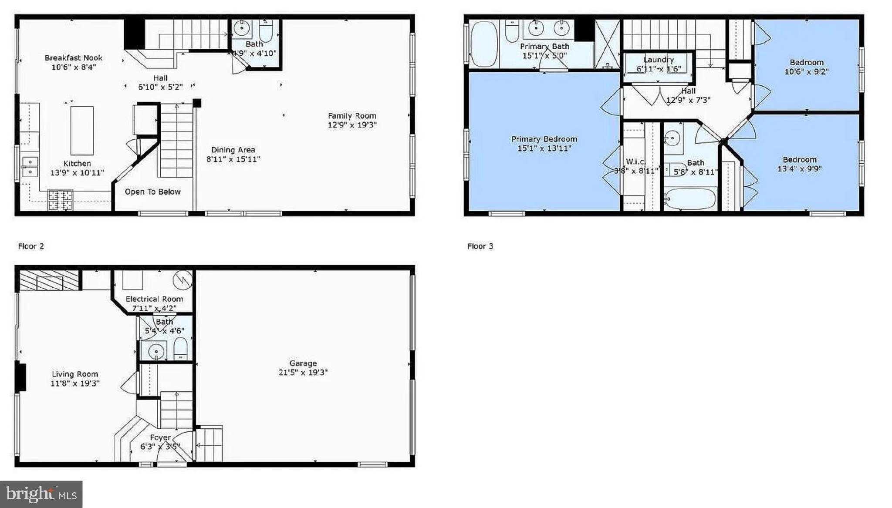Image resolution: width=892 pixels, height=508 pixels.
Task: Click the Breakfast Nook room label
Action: [74, 58]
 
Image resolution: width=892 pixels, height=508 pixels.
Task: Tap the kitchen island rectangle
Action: [82, 131]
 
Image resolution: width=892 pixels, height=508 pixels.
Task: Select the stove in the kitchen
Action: [60, 200]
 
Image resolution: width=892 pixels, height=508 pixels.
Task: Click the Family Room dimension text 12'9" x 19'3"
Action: [352, 125]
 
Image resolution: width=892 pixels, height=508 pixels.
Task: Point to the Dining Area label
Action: [233, 150]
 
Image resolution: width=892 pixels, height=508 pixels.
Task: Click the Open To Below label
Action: [152, 192]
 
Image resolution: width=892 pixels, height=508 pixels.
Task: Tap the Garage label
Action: [303, 363]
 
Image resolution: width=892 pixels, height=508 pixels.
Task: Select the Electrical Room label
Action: [154, 299]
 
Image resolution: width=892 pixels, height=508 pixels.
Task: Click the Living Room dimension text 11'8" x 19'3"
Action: [75, 384]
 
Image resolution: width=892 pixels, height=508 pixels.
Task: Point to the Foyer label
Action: [160, 437]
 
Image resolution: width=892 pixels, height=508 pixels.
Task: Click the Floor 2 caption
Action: [31, 246]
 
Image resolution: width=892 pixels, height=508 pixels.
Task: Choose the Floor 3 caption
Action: [480, 246]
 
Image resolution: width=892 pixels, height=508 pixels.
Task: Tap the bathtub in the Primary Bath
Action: [484, 44]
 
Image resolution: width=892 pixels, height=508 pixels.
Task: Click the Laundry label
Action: [659, 60]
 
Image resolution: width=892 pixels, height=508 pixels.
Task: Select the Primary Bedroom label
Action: [544, 139]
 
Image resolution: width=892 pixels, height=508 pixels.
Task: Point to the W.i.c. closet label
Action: [635, 162]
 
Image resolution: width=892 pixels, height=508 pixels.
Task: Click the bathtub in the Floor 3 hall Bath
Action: [690, 199]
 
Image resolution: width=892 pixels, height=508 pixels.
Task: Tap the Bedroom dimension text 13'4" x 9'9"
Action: [799, 169]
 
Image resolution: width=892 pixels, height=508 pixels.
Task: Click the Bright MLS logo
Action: [41, 494]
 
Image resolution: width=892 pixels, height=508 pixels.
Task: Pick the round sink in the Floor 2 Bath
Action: [241, 28]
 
